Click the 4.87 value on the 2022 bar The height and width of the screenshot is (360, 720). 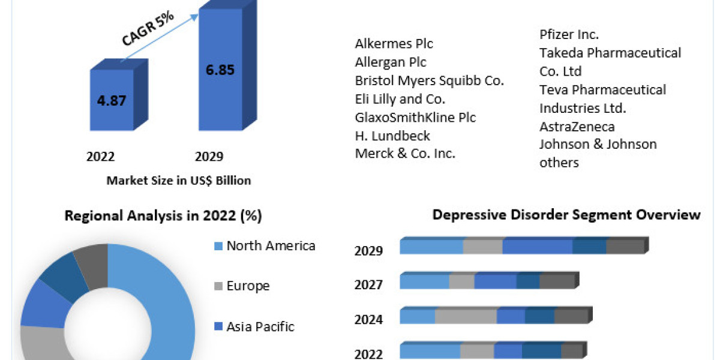pyautogui.click(x=112, y=100)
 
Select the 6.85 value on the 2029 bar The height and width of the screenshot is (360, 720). pyautogui.click(x=220, y=69)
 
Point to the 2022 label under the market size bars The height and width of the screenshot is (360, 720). pyautogui.click(x=101, y=157)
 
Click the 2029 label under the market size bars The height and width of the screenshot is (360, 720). pyautogui.click(x=209, y=157)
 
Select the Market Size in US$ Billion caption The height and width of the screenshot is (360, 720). pyautogui.click(x=178, y=180)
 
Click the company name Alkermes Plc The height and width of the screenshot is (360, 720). pyautogui.click(x=394, y=44)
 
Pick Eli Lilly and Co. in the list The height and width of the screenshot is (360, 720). pyautogui.click(x=400, y=99)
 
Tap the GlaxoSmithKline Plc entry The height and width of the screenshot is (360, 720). pyautogui.click(x=415, y=117)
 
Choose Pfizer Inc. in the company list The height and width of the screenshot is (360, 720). pyautogui.click(x=569, y=35)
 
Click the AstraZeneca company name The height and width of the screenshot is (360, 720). pyautogui.click(x=577, y=127)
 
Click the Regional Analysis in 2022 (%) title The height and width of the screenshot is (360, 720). pyautogui.click(x=163, y=216)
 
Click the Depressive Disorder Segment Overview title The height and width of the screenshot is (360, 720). pyautogui.click(x=566, y=215)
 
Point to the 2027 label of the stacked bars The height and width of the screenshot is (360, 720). pyautogui.click(x=368, y=285)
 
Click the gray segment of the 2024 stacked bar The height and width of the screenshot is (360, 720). pyautogui.click(x=466, y=316)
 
